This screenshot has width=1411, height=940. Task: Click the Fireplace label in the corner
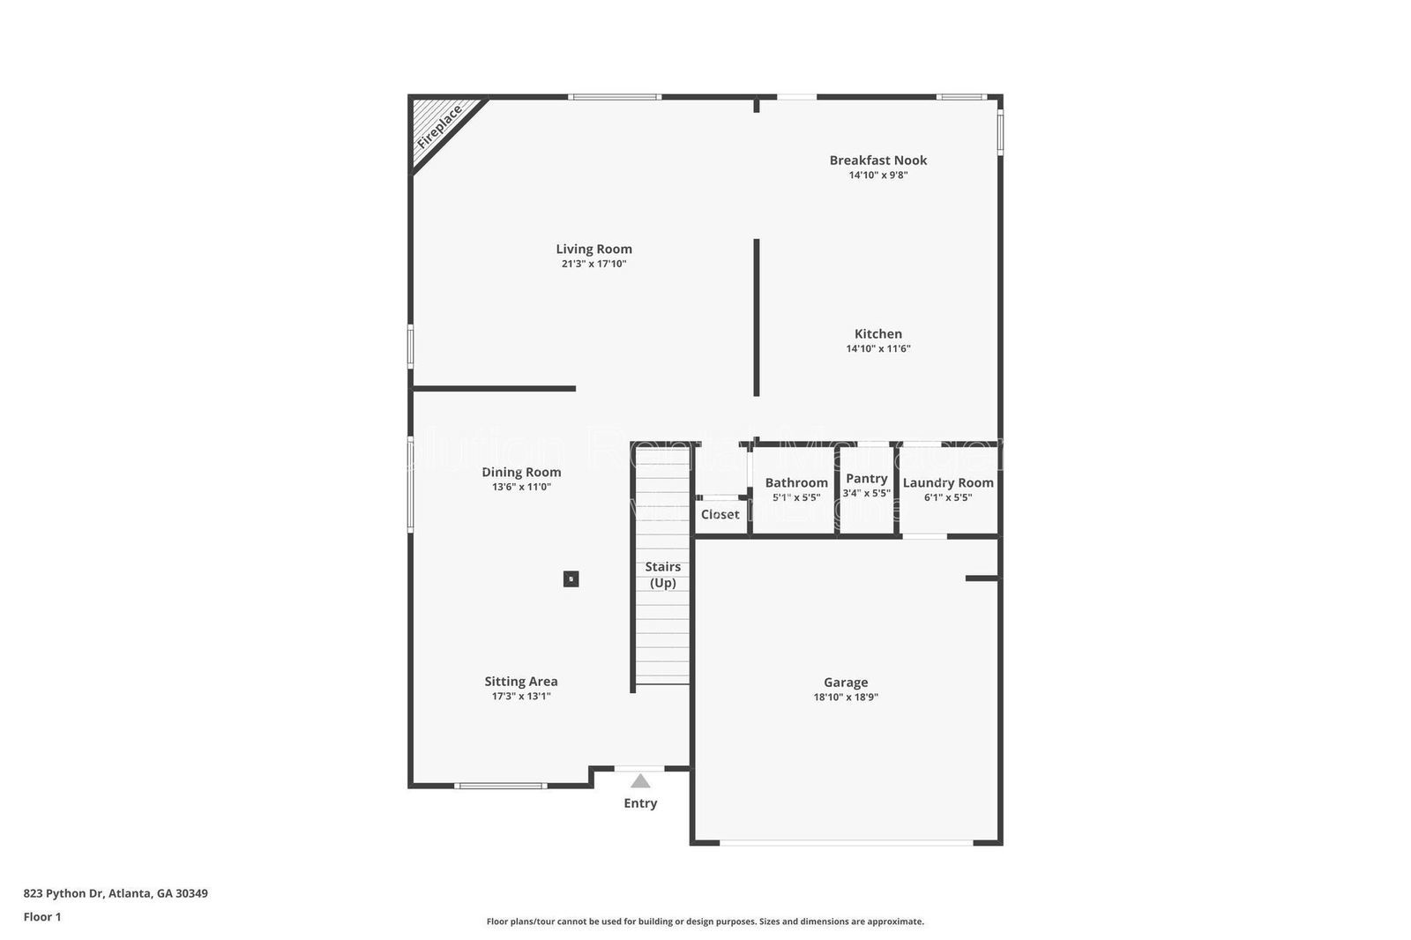(x=440, y=126)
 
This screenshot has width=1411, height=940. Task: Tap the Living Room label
(x=594, y=249)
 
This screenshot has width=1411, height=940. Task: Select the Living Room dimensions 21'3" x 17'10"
(x=594, y=264)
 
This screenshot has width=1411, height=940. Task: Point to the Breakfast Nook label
(x=877, y=160)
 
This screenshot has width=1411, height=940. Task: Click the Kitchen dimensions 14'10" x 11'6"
(x=877, y=348)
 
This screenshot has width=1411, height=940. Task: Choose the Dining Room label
(x=521, y=472)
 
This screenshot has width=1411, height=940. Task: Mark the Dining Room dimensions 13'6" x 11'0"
(x=521, y=487)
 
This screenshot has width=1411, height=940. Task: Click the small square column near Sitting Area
(x=571, y=579)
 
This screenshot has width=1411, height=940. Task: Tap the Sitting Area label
(x=520, y=681)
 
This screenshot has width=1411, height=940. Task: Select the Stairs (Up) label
(x=662, y=574)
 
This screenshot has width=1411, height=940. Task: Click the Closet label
(x=720, y=514)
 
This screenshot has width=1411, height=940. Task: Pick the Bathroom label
(x=796, y=482)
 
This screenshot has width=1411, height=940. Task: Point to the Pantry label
(x=866, y=478)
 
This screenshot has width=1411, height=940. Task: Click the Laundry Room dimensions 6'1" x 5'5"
(x=948, y=497)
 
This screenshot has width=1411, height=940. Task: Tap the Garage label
(x=846, y=682)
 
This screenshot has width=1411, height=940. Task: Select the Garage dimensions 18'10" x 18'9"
(x=846, y=697)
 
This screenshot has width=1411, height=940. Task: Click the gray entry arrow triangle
(x=640, y=781)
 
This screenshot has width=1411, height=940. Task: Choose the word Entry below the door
(x=640, y=802)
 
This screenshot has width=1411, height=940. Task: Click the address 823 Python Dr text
(x=116, y=893)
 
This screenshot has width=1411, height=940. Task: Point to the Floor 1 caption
(x=42, y=917)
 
